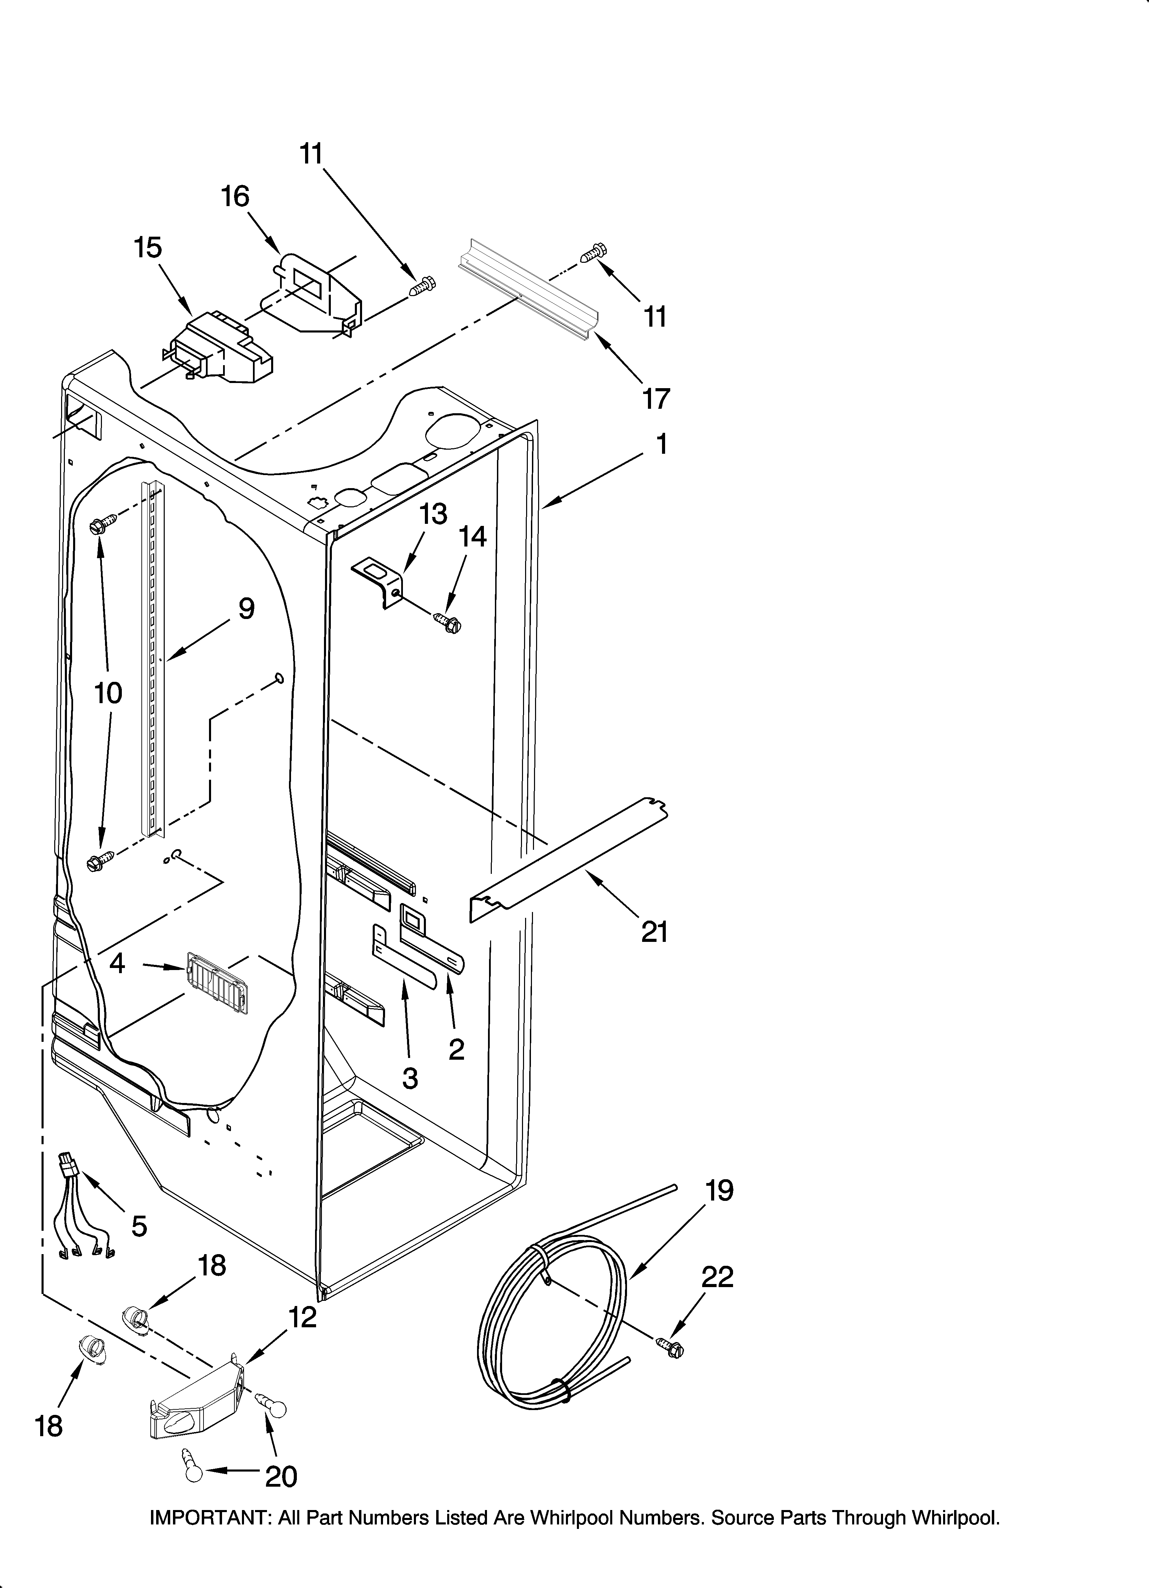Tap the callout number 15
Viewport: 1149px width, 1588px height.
tap(148, 248)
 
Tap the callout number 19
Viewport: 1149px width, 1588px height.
tap(719, 1190)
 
